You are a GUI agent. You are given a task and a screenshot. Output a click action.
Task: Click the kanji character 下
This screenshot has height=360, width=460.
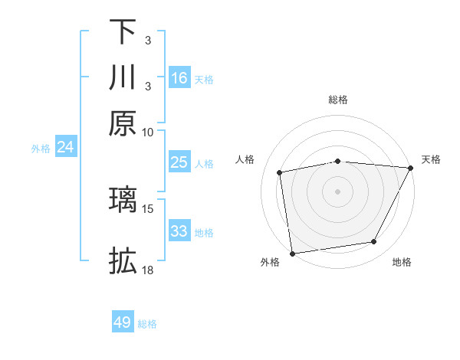tap(123, 32)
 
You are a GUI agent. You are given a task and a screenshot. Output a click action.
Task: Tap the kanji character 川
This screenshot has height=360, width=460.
tap(123, 77)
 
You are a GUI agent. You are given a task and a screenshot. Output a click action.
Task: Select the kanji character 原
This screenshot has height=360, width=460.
tap(123, 123)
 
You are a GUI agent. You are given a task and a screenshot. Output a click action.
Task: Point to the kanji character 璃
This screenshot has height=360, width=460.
tap(123, 199)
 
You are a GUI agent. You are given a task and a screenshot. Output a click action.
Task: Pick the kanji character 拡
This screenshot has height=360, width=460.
tap(123, 261)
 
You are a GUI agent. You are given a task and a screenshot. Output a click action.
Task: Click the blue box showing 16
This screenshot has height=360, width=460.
tap(179, 78)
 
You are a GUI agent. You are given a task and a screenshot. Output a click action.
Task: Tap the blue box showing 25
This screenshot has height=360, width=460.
tap(179, 162)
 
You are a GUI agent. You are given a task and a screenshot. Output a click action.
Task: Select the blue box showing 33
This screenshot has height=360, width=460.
tap(179, 231)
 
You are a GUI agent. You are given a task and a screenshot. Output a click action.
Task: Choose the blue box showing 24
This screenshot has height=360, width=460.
tap(65, 147)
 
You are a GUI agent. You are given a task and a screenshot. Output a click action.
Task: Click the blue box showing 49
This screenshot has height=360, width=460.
tap(123, 322)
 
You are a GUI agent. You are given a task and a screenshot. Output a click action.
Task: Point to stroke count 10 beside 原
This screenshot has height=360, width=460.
tap(148, 132)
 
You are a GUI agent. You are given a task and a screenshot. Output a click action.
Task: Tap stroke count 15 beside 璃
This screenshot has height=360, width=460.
tap(148, 208)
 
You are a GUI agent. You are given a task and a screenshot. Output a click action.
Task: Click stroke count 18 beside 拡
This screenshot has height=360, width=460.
tap(148, 270)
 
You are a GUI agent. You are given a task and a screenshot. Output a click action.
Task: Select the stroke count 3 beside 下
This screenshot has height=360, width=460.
tap(148, 38)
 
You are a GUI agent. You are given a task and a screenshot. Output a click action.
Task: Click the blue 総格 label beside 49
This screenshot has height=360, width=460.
tap(147, 324)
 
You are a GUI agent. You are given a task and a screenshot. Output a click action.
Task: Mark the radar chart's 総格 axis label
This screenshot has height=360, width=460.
tap(337, 100)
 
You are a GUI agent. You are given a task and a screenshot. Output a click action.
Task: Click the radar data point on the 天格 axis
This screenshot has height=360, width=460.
tap(411, 168)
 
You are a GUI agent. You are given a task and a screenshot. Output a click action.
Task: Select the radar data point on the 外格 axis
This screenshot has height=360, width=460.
tap(292, 253)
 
